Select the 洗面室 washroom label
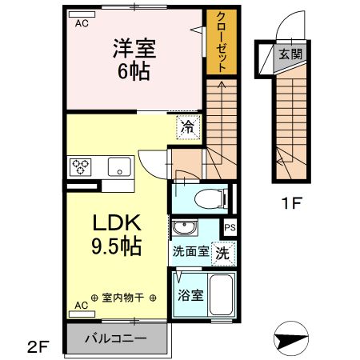click(x=191, y=251)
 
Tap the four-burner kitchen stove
click(x=81, y=167)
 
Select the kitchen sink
click(x=119, y=167)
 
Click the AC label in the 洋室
click(x=82, y=23)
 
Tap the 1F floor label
click(x=290, y=203)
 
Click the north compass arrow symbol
click(x=292, y=338)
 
